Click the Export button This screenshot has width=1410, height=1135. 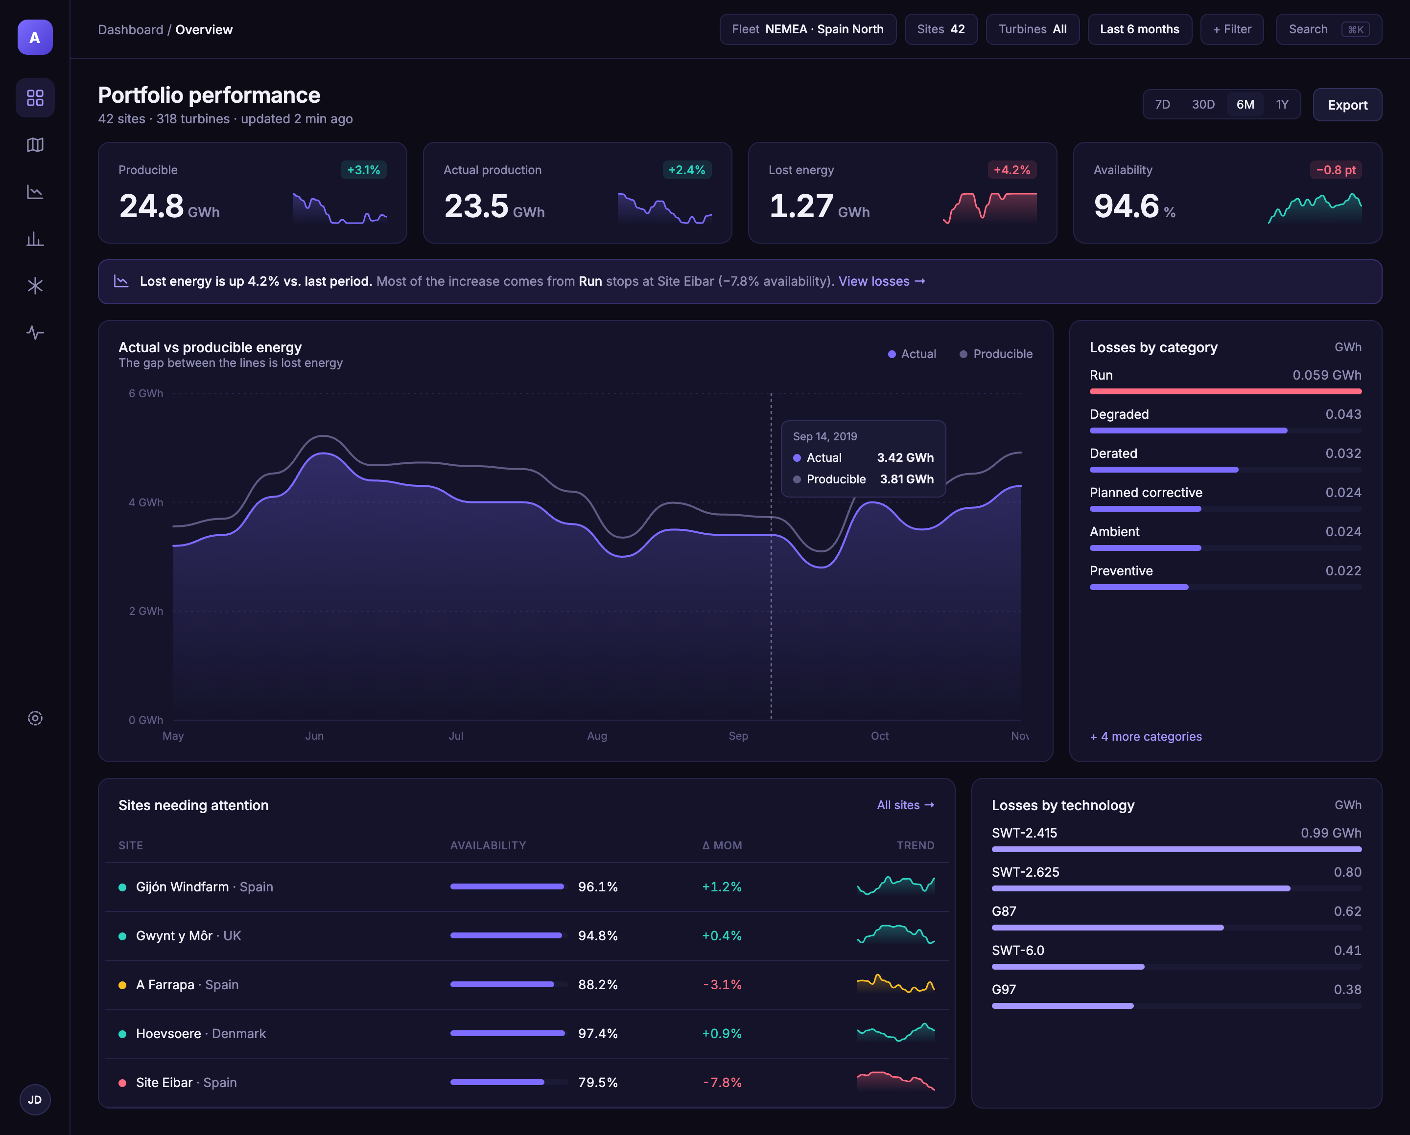(1347, 105)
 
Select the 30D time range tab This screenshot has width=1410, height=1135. (1202, 105)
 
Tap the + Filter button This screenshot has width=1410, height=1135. (1231, 29)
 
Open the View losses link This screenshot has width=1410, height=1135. (881, 281)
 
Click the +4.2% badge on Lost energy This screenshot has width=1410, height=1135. (1011, 170)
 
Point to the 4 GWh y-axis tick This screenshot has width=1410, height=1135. (146, 502)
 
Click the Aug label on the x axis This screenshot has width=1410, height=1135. (597, 735)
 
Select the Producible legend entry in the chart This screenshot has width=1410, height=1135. (996, 354)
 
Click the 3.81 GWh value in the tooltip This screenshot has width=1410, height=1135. (906, 479)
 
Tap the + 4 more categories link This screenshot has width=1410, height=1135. (1146, 736)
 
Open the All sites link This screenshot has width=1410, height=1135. (906, 805)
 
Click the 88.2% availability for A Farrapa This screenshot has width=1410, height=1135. (597, 985)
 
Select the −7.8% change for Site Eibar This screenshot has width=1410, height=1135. (722, 1083)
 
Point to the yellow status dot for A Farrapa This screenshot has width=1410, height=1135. (122, 985)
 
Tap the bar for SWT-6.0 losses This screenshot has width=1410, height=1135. (1068, 966)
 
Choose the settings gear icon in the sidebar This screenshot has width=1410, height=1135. (35, 718)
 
